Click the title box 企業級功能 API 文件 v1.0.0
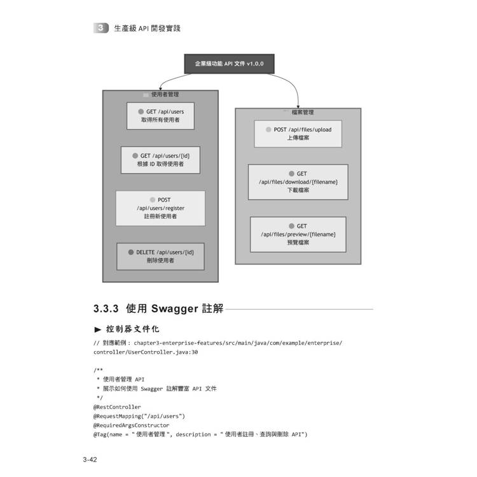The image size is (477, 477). [x=229, y=64]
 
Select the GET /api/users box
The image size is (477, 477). [x=160, y=116]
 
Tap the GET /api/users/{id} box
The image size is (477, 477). [x=160, y=160]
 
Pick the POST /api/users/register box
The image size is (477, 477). [x=160, y=208]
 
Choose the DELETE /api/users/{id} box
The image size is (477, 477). [x=160, y=256]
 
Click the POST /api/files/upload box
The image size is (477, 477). [x=298, y=134]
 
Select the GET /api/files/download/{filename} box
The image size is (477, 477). [x=298, y=182]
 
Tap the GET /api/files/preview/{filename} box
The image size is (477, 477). [x=298, y=234]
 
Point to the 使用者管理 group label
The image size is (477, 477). [x=165, y=94]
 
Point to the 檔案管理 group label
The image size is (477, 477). [x=303, y=112]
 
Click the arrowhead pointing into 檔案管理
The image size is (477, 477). [x=298, y=105]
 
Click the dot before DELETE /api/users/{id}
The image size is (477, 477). [x=131, y=252]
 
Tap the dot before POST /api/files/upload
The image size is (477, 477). [x=268, y=129]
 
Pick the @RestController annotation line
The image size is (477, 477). [x=117, y=406]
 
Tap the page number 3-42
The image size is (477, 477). [x=89, y=459]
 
